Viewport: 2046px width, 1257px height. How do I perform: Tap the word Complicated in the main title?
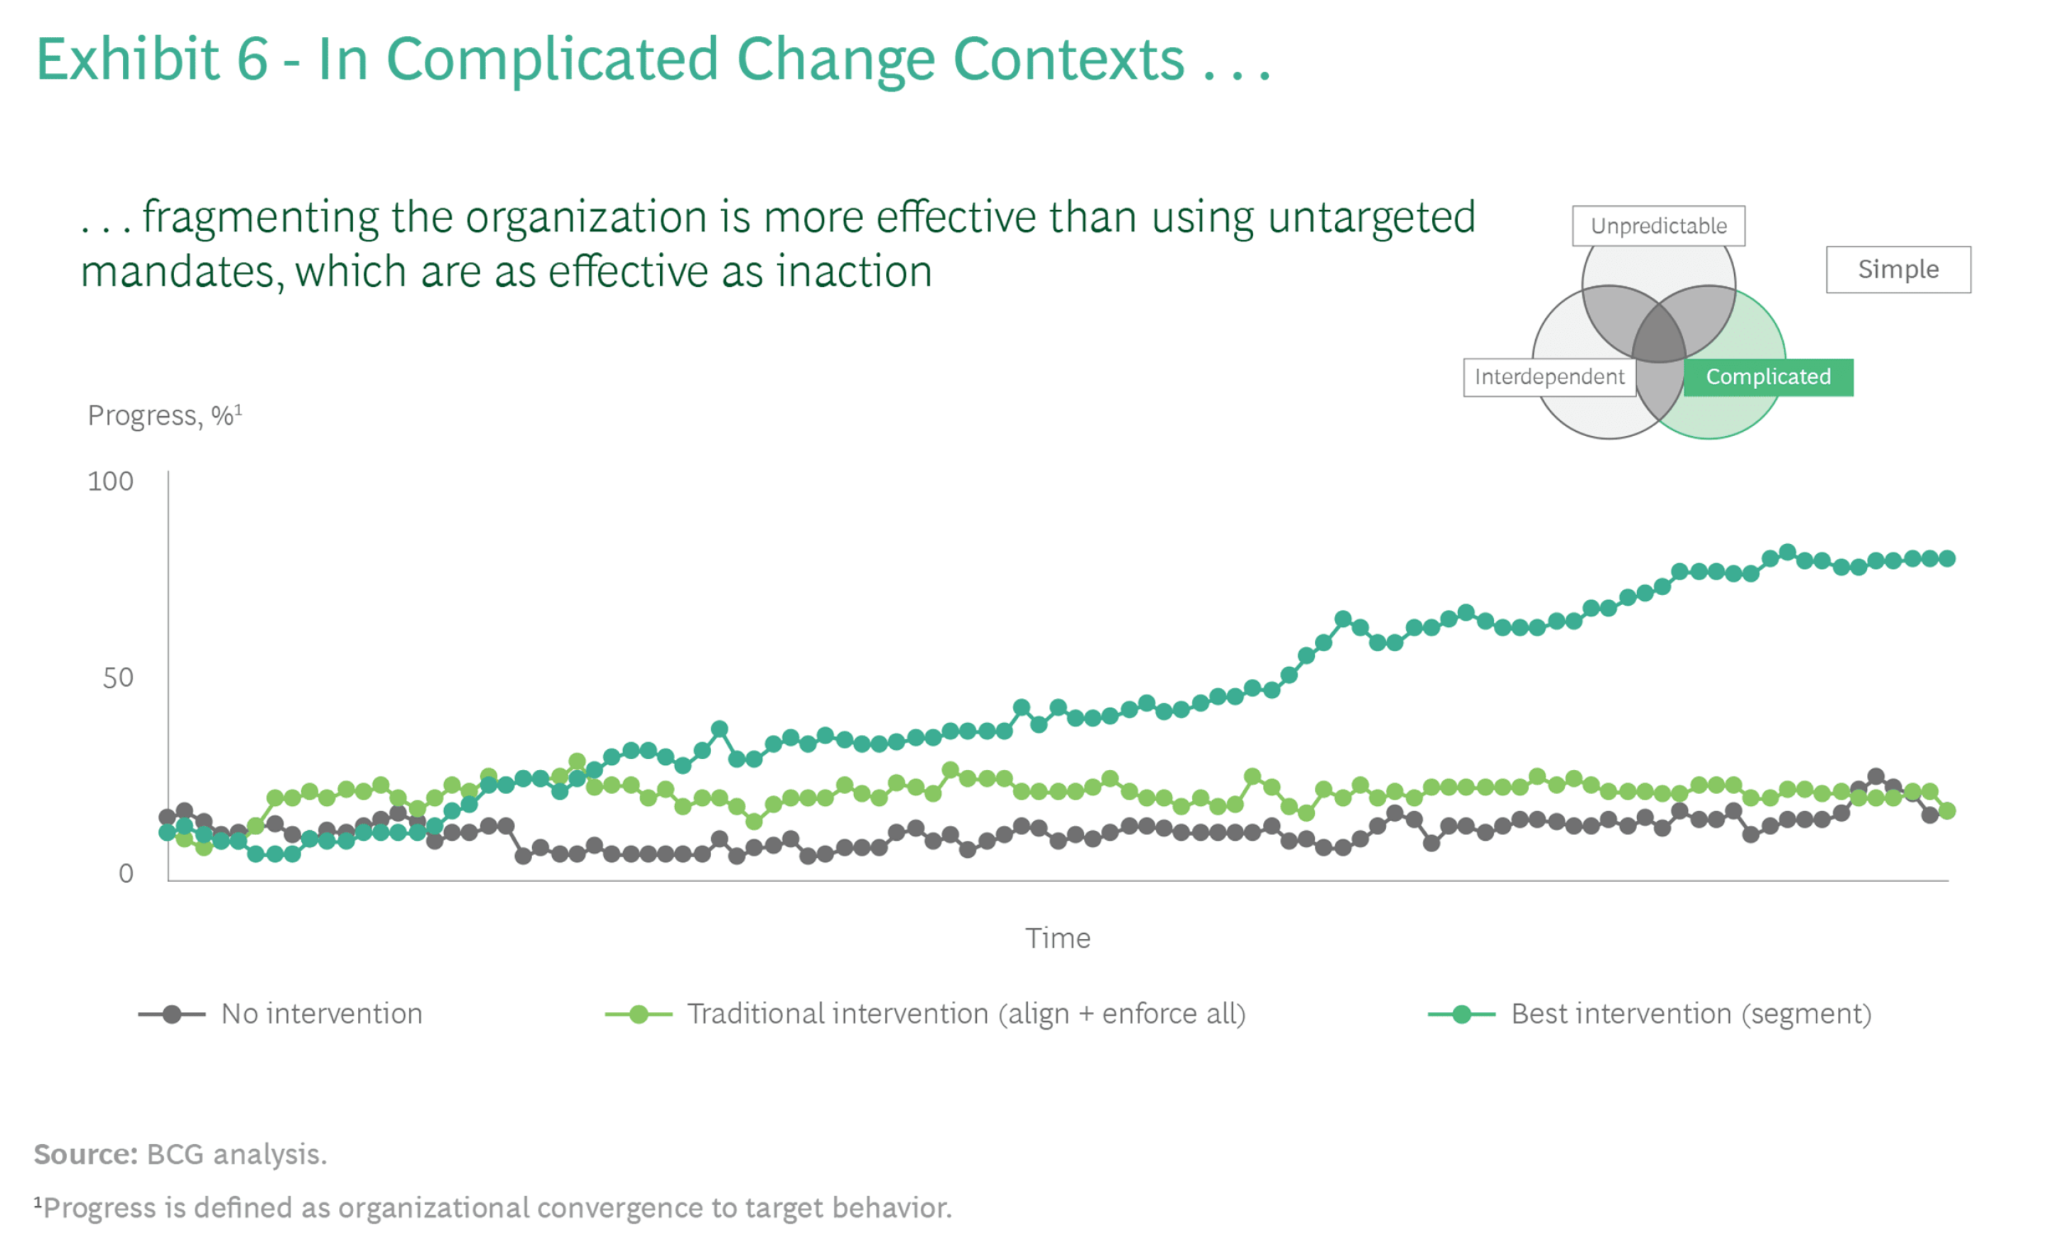[x=552, y=60]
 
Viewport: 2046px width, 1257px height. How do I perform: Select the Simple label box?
[x=1898, y=269]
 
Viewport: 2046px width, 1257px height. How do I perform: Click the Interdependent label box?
[x=1548, y=376]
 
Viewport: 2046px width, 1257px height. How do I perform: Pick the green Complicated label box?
[x=1768, y=376]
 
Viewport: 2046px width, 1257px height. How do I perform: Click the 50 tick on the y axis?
[x=117, y=678]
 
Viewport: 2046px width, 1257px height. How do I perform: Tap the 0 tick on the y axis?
[x=126, y=873]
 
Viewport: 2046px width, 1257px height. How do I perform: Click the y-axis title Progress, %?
[x=164, y=415]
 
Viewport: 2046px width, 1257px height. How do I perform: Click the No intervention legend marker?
[x=171, y=1014]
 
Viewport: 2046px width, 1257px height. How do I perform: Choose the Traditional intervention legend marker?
[x=638, y=1014]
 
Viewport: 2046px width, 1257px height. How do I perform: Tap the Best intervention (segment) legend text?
[x=1690, y=1014]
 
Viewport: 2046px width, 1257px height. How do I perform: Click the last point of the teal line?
[x=1947, y=559]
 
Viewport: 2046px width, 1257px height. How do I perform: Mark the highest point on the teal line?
[x=1787, y=553]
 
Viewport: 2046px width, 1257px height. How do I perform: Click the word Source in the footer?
[x=85, y=1154]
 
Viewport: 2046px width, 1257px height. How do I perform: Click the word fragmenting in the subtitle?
[x=261, y=218]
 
